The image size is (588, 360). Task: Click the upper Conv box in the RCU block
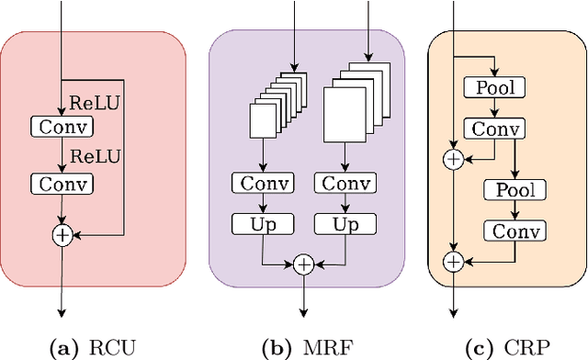pos(62,125)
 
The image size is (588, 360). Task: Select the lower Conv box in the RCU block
pos(62,185)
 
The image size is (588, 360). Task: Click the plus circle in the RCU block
pos(62,235)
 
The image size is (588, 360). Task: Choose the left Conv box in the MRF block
pos(263,184)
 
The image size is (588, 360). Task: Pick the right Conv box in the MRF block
pos(344,184)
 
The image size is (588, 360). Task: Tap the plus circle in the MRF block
pos(303,264)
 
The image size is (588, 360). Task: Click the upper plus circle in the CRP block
pos(452,159)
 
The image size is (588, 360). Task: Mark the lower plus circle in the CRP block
pos(452,262)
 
